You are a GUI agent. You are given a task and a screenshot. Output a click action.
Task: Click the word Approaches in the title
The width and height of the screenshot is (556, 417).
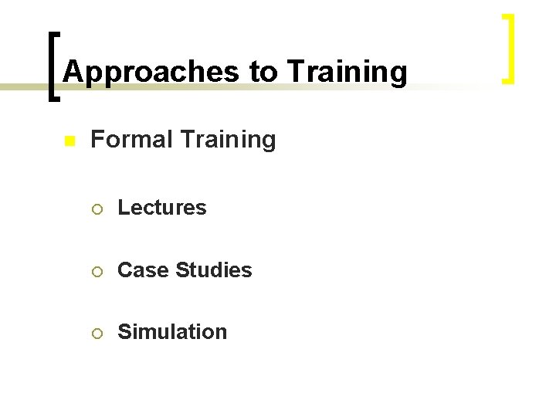pos(151,72)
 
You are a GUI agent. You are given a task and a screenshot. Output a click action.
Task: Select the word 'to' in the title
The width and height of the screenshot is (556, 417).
pos(263,72)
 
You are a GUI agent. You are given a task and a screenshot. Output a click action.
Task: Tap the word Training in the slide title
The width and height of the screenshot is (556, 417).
pos(347,72)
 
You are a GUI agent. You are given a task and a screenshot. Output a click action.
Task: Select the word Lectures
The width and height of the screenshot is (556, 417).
pos(162,208)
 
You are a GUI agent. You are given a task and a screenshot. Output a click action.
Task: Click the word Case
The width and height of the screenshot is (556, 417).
pos(144,270)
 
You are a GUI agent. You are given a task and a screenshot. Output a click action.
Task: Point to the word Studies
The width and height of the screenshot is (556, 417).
pos(214,270)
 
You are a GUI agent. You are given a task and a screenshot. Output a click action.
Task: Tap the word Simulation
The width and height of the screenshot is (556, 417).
pos(172,332)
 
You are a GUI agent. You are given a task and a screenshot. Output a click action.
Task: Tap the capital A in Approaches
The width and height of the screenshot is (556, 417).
pos(72,72)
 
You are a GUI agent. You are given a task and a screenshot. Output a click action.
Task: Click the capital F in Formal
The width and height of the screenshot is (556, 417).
pos(97,140)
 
